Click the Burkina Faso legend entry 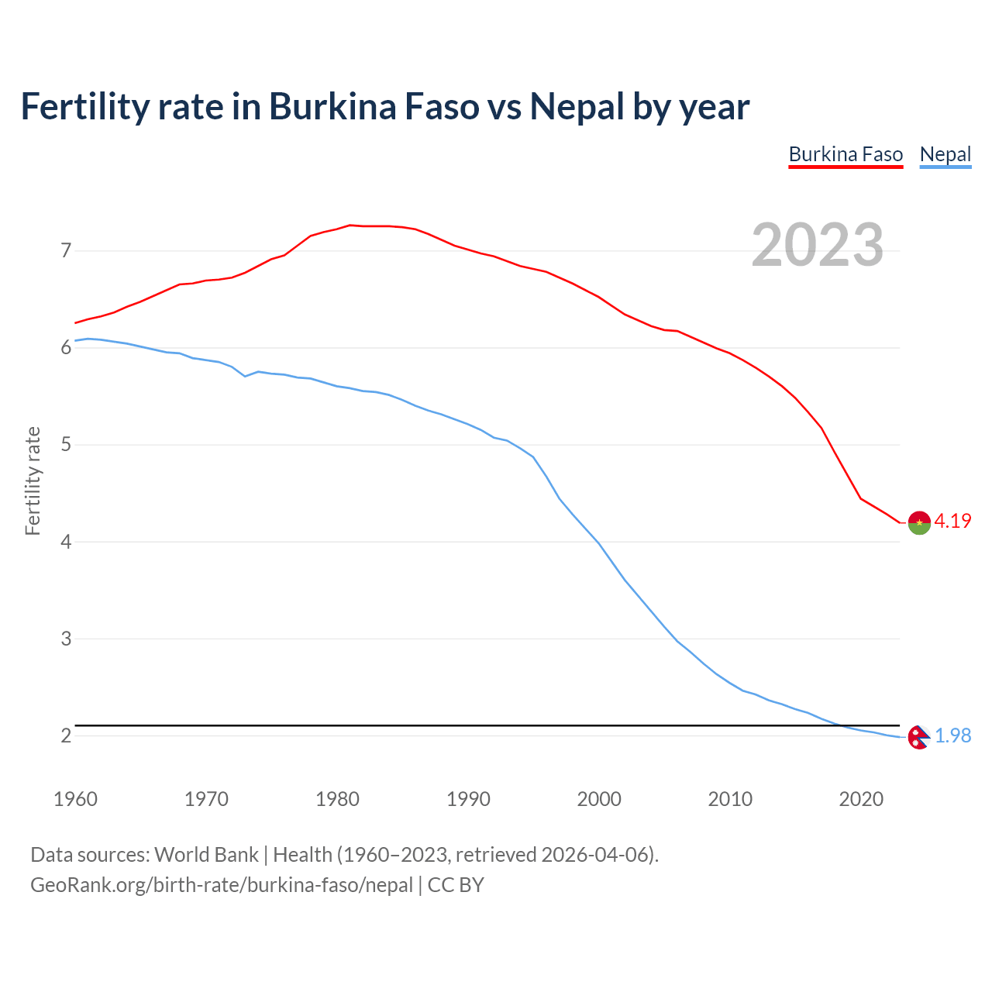(x=846, y=154)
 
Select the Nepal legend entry (x=945, y=154)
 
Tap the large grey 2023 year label (x=818, y=245)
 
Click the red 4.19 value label (x=952, y=521)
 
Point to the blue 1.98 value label (x=952, y=735)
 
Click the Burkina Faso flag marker (x=918, y=523)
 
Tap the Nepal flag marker (x=918, y=737)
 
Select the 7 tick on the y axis (x=66, y=250)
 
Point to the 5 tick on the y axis (x=66, y=445)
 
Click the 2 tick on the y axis (x=66, y=735)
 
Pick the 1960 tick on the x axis (x=75, y=799)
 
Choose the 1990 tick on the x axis (x=468, y=799)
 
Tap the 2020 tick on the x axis (x=861, y=799)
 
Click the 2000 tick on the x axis (x=599, y=799)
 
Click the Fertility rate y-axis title (x=33, y=480)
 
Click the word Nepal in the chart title (x=577, y=106)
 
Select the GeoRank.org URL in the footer (x=221, y=885)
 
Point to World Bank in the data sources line (x=206, y=855)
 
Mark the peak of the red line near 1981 (x=350, y=225)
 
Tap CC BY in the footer (x=456, y=885)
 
